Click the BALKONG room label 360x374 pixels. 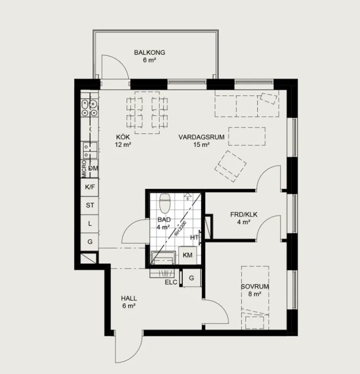tap(149, 52)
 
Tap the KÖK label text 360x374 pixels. tap(123, 137)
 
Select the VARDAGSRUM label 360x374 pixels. tap(201, 137)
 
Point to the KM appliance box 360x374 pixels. tap(188, 255)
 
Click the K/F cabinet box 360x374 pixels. tap(90, 187)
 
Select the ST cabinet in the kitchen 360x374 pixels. tap(90, 205)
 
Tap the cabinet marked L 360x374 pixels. tap(90, 223)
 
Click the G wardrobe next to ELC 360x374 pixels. tap(191, 277)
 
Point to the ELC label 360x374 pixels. tap(171, 282)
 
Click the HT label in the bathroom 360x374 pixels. tap(195, 237)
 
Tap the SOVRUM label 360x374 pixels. tap(254, 287)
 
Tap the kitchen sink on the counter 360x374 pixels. tap(90, 150)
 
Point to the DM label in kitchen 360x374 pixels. tap(93, 168)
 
